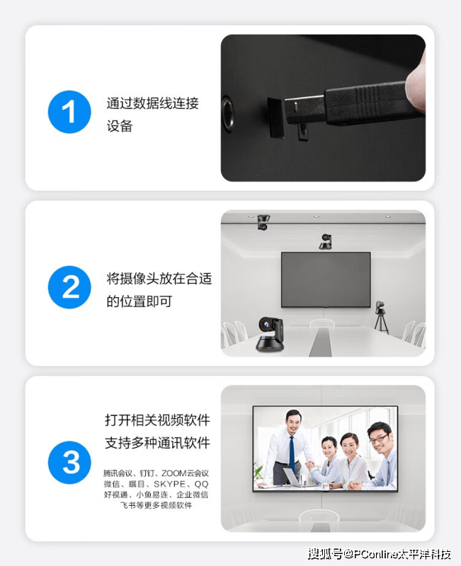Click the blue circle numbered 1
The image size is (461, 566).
pyautogui.click(x=69, y=112)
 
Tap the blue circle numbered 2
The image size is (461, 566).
pyautogui.click(x=69, y=287)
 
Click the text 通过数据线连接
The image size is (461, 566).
pyautogui.click(x=152, y=103)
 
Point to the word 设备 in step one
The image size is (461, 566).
pyautogui.click(x=120, y=127)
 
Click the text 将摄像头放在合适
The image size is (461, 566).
pyautogui.click(x=159, y=279)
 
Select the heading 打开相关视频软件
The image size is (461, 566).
pyautogui.click(x=157, y=420)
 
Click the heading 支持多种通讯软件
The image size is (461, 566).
pyautogui.click(x=157, y=444)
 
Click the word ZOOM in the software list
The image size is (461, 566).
pyautogui.click(x=174, y=473)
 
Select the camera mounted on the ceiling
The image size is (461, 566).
pyautogui.click(x=263, y=222)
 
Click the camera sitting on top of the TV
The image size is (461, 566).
pyautogui.click(x=326, y=242)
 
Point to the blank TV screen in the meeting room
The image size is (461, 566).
pyautogui.click(x=326, y=279)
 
